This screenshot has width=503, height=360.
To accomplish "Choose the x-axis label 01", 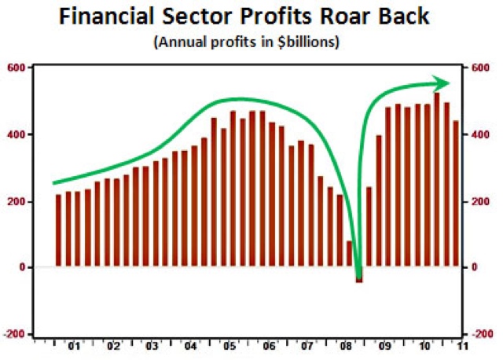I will [74, 345].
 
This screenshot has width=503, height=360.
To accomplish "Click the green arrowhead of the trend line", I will [442, 83].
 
